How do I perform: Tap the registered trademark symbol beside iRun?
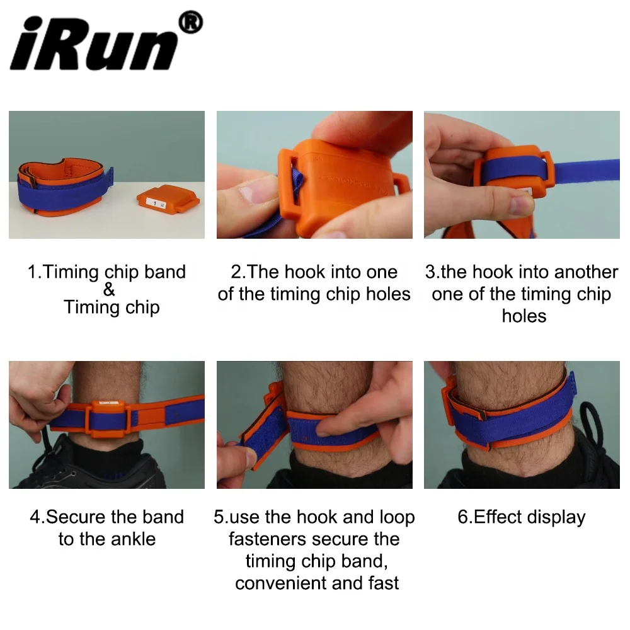pos(190,23)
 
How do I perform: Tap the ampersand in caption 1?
pos(109,290)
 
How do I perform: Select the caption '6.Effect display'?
pos(522,517)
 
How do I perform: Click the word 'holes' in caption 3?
pos(524,316)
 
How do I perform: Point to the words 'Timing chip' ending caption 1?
pos(112,307)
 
